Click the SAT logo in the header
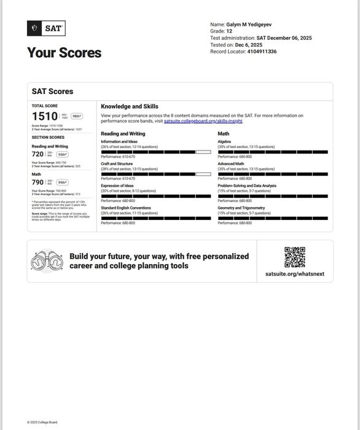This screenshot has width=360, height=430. (46, 28)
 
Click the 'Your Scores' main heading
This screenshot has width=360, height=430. (64, 53)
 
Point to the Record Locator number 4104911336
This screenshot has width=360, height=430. (262, 52)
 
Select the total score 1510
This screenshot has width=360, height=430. (44, 116)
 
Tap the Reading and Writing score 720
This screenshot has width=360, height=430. (38, 154)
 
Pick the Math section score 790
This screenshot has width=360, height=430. (38, 182)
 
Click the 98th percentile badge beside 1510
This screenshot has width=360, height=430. (77, 116)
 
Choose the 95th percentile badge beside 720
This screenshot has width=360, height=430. (63, 154)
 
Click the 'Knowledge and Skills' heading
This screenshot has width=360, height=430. (130, 106)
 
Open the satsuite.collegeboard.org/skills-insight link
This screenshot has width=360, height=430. (203, 121)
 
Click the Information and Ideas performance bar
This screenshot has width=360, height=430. (155, 152)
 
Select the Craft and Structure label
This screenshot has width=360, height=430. (117, 164)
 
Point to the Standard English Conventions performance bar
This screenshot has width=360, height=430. (155, 218)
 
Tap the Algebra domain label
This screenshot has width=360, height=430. (224, 142)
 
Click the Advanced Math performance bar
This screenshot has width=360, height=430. (273, 174)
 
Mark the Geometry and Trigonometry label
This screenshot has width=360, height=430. (241, 208)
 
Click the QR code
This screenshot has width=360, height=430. (295, 257)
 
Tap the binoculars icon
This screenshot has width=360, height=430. (47, 261)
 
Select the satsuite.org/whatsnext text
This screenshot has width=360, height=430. (295, 273)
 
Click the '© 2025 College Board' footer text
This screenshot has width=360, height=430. (42, 422)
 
